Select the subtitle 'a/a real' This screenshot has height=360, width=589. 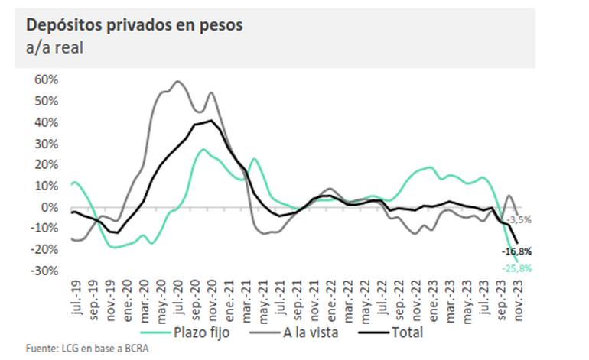tap(55, 48)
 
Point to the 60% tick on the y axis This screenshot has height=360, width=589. tap(47, 79)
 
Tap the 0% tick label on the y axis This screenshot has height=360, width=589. tap(50, 207)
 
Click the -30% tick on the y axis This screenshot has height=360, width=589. tap(45, 271)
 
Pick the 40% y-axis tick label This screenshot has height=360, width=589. tap(47, 122)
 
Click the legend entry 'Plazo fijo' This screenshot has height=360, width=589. tap(196, 332)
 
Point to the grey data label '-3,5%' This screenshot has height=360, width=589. tap(519, 219)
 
